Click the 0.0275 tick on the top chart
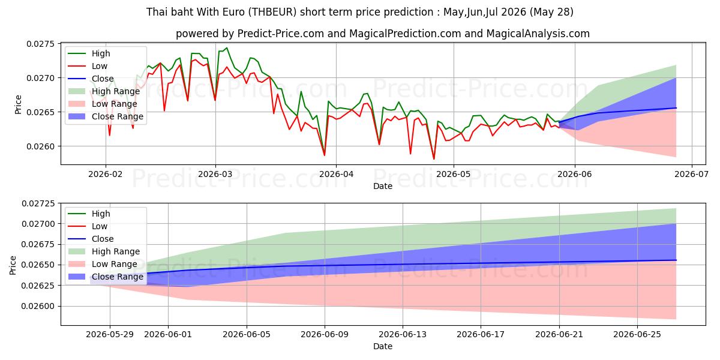coord(41,44)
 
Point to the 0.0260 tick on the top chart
coord(41,146)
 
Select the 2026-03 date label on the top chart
coord(215,174)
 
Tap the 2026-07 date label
coord(691,174)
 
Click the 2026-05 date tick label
coord(454,174)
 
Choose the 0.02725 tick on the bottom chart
coord(38,203)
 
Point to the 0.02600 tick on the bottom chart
coord(38,307)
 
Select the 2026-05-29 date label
coord(110,335)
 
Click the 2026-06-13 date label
coord(403,335)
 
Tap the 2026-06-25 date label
coord(637,335)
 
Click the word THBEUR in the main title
coord(272,12)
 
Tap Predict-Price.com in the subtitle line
coord(280,34)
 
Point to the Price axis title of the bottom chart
coord(12,265)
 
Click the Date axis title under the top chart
coord(383,186)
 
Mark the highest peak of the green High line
coord(227,48)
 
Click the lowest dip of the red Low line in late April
coord(434,159)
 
